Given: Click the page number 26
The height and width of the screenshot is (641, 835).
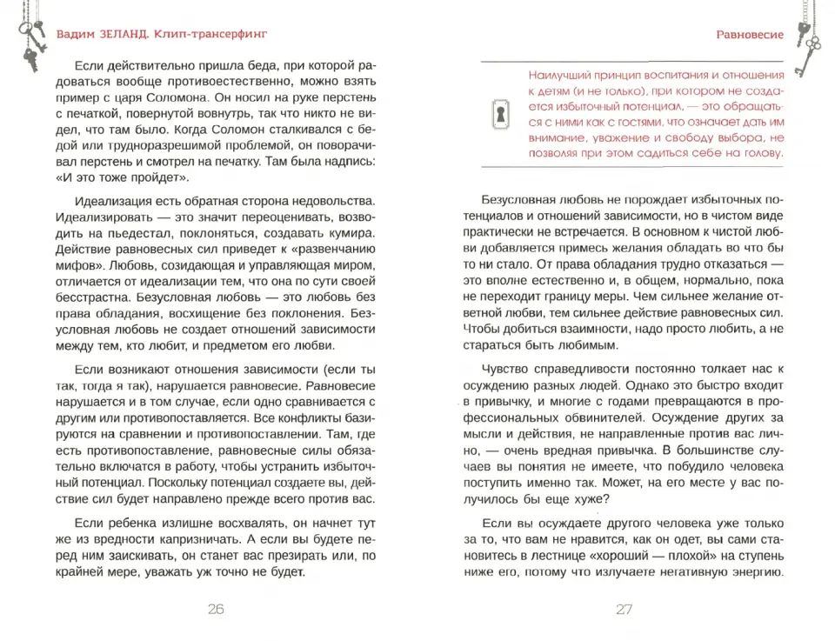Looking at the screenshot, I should (x=216, y=610).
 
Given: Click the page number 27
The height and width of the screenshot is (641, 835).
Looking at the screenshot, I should (x=624, y=610).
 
